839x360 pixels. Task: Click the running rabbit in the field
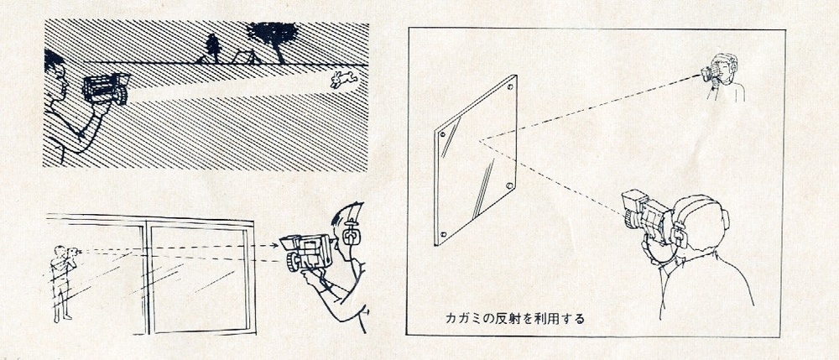pyautogui.click(x=343, y=79)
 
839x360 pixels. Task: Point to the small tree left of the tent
pyautogui.click(x=213, y=49)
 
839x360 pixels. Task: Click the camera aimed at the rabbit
pyautogui.click(x=106, y=88)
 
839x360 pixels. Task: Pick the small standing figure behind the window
pyautogui.click(x=62, y=284)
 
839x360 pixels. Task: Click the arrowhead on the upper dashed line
pyautogui.click(x=275, y=246)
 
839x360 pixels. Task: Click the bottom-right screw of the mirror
pyautogui.click(x=508, y=186)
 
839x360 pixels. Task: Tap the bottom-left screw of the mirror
pyautogui.click(x=442, y=234)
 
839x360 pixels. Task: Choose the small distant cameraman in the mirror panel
pyautogui.click(x=722, y=77)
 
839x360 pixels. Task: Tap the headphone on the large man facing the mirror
pyautogui.click(x=679, y=232)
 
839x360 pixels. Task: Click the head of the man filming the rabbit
pyautogui.click(x=55, y=74)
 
